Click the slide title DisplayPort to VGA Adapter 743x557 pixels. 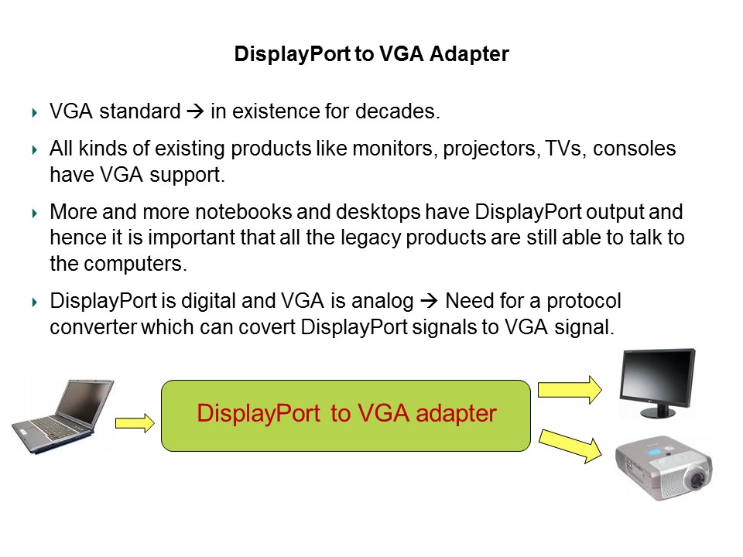click(x=371, y=54)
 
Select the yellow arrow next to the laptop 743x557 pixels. click(x=135, y=423)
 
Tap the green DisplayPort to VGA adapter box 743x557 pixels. click(x=345, y=415)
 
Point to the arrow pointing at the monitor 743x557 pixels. click(x=569, y=388)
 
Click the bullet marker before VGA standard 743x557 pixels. click(x=34, y=113)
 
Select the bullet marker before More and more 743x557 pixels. click(x=34, y=213)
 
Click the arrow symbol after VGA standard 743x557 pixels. click(x=195, y=112)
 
